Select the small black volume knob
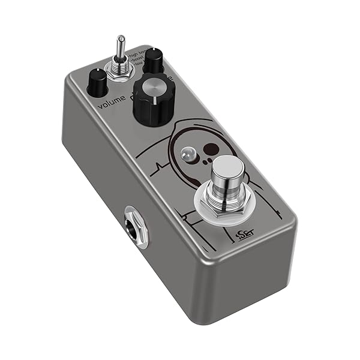click(x=97, y=83)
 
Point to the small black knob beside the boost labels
click(x=154, y=61)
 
